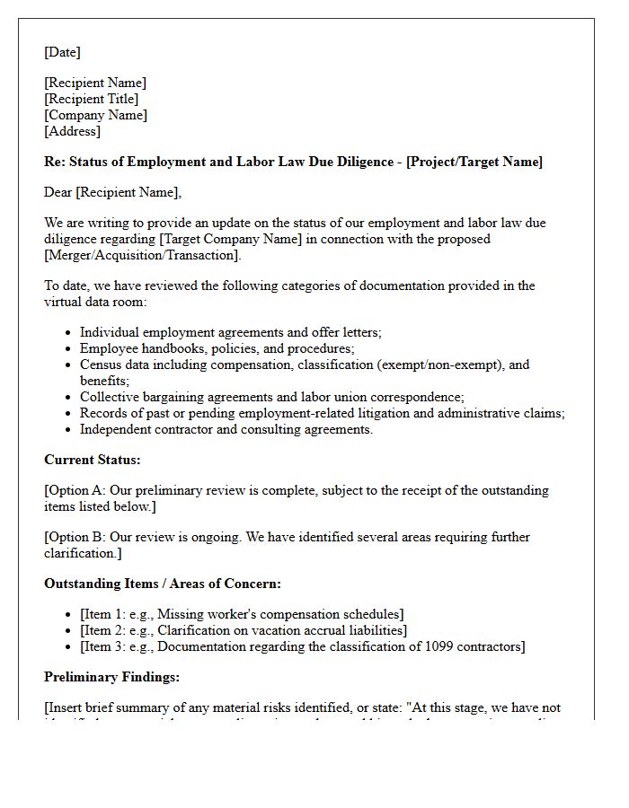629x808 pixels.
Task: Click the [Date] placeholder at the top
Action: (x=62, y=52)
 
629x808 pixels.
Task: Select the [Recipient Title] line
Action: (x=91, y=99)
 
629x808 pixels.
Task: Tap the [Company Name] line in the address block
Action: (x=95, y=115)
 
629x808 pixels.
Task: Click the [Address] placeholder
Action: (x=72, y=131)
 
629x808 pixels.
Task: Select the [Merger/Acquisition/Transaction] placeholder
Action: (x=143, y=255)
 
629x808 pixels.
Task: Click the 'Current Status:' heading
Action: (x=92, y=460)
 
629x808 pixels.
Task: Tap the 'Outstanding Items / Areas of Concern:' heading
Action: (x=163, y=584)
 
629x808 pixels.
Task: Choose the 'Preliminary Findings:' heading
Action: (x=111, y=677)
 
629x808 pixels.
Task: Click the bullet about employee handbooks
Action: (x=217, y=348)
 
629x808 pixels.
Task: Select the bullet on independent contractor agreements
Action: (x=226, y=429)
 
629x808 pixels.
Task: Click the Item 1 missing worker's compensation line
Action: (x=242, y=614)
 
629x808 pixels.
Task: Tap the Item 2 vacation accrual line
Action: (x=243, y=630)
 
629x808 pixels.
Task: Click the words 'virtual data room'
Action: (x=94, y=302)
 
